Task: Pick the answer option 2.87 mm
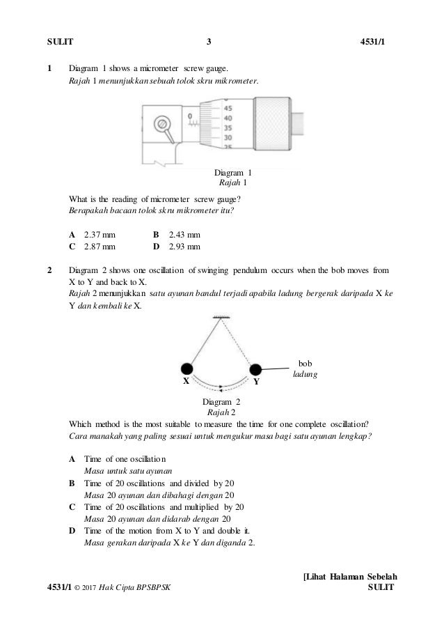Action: tap(100, 247)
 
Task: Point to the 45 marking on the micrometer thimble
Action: tap(228, 108)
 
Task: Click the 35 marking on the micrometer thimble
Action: tap(228, 128)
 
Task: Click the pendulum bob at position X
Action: tap(187, 369)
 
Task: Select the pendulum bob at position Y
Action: tap(255, 369)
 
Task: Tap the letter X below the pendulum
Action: tap(186, 382)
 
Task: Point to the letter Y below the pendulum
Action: tap(256, 382)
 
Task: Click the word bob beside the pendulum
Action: tap(304, 363)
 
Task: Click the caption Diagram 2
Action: tap(221, 402)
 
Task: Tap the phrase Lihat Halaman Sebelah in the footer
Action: tap(348, 577)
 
